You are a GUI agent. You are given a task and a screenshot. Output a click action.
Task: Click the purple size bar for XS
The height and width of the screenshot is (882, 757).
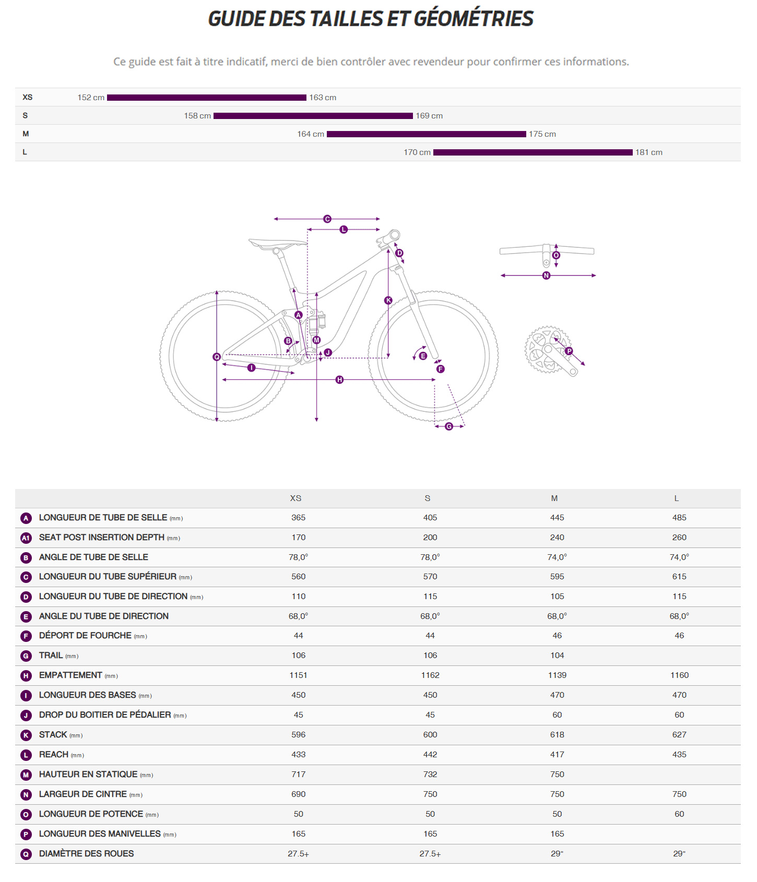click(x=206, y=98)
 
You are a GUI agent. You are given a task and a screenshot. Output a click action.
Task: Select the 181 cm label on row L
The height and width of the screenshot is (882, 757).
click(x=648, y=152)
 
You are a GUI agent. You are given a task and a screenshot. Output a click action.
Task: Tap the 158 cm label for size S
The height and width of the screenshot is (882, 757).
click(x=197, y=116)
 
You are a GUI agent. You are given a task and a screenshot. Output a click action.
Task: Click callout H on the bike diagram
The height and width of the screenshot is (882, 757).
click(x=339, y=379)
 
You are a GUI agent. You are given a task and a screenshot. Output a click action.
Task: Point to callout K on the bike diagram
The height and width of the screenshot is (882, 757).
click(x=388, y=300)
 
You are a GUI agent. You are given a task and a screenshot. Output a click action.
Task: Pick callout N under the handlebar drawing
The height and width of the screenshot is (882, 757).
click(x=546, y=276)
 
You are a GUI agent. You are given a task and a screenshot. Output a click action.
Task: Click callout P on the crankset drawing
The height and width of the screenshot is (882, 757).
click(x=569, y=351)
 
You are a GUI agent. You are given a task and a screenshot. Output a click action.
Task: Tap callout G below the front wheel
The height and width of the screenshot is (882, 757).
click(x=449, y=426)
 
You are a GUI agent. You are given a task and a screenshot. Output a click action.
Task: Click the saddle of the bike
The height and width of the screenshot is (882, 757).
click(x=277, y=243)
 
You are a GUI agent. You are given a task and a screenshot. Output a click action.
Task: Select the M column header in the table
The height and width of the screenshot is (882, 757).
click(x=554, y=498)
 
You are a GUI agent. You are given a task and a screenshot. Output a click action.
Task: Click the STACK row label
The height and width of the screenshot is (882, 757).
click(x=53, y=735)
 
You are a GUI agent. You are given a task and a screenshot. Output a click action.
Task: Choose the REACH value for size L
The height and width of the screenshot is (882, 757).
click(x=679, y=755)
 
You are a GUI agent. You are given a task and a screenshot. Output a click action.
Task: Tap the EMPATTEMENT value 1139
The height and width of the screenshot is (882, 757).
click(x=557, y=675)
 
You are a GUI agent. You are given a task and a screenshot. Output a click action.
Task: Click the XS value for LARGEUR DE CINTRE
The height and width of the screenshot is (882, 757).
click(x=298, y=794)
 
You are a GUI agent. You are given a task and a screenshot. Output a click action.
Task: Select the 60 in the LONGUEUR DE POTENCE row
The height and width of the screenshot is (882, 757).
click(x=679, y=814)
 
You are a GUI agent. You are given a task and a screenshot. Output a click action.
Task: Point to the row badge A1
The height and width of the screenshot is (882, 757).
click(x=26, y=538)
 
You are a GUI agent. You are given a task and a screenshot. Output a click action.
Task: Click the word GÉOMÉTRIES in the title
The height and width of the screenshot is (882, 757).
click(x=474, y=19)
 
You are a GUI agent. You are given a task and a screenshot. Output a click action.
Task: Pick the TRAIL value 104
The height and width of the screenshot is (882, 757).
click(x=557, y=655)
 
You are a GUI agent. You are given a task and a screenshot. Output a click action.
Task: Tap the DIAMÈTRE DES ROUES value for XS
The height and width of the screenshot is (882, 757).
click(x=298, y=854)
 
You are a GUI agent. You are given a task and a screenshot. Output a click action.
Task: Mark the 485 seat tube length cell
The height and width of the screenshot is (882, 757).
click(x=679, y=518)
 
